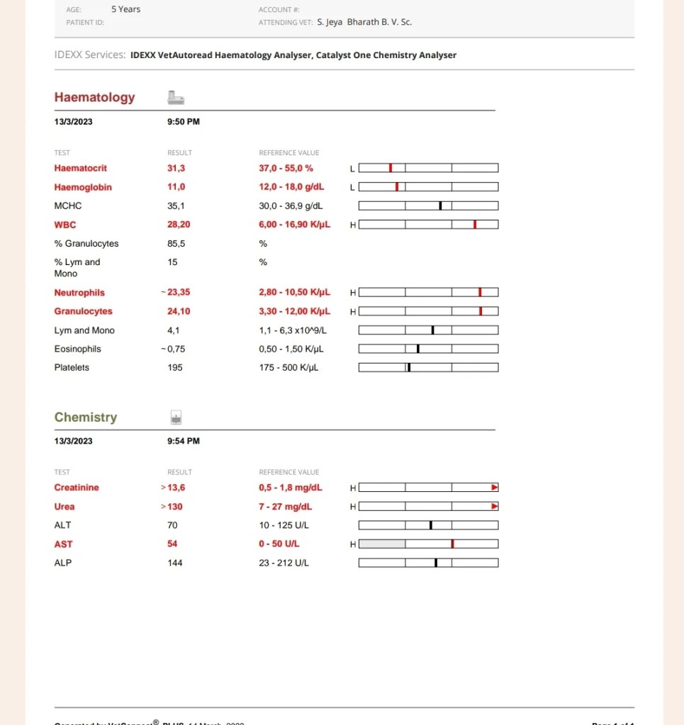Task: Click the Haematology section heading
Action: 94,98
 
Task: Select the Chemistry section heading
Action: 86,417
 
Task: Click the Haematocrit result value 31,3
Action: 176,169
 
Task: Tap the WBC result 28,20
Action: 179,225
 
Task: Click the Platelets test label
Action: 72,368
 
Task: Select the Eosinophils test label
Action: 77,349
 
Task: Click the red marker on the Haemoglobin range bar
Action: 397,187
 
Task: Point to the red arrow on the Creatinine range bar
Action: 495,488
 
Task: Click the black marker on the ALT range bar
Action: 431,525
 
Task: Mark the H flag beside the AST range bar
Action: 353,544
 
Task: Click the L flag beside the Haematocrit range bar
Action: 353,169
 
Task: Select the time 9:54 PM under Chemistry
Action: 184,441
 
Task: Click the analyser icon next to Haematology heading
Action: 176,98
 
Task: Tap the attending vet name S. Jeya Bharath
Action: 364,22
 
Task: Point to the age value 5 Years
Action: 125,9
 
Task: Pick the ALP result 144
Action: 175,563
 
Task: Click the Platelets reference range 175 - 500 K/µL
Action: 288,368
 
